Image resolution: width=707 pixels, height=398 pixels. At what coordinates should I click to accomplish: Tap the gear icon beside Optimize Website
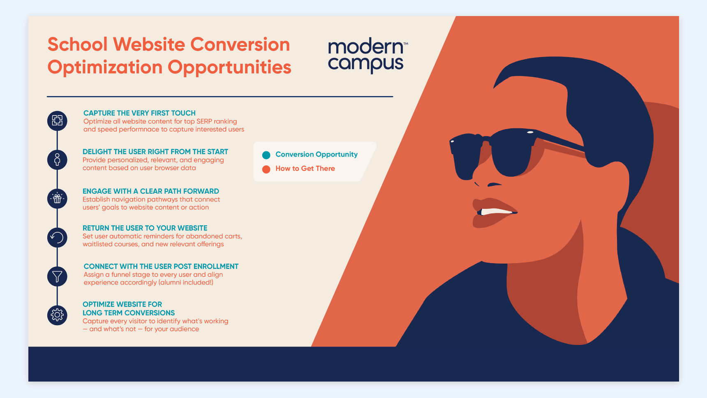click(x=57, y=315)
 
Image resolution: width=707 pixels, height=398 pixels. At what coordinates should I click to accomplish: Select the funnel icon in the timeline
click(x=57, y=276)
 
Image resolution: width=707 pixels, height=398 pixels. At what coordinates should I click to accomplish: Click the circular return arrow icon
click(x=57, y=238)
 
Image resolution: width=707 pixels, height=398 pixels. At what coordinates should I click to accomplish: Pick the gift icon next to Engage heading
click(x=57, y=199)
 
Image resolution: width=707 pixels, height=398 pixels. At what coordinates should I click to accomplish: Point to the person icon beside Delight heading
click(x=57, y=160)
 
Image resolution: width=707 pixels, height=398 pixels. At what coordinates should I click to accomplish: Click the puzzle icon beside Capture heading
click(x=57, y=121)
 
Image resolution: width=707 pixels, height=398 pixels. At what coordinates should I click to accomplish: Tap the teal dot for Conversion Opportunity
click(x=266, y=155)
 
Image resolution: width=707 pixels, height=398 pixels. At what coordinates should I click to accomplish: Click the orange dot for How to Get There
click(x=266, y=169)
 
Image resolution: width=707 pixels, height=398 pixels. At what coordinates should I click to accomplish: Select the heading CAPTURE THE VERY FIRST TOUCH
click(x=139, y=113)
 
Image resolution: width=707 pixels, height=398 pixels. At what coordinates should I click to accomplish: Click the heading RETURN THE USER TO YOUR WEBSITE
click(x=145, y=228)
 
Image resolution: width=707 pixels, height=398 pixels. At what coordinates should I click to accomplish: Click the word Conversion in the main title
click(x=240, y=44)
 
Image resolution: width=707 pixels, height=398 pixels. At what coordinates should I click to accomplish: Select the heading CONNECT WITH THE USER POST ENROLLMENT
click(x=161, y=266)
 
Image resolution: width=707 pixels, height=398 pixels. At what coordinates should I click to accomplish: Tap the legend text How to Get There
click(x=305, y=169)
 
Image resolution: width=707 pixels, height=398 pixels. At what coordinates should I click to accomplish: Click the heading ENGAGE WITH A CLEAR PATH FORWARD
click(x=151, y=191)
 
